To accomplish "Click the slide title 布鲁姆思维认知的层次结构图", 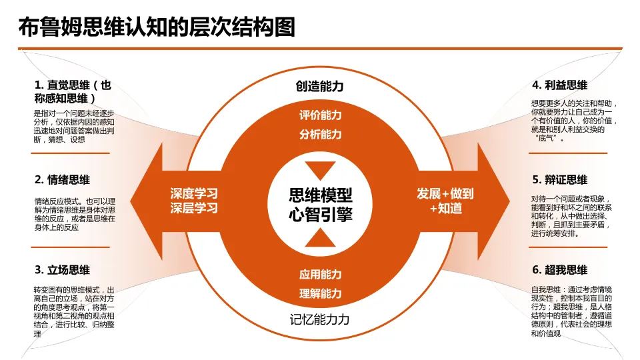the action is pyautogui.click(x=157, y=27).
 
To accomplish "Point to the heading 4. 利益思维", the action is pyautogui.click(x=559, y=85).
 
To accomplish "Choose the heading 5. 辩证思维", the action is pyautogui.click(x=559, y=179).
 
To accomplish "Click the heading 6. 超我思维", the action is pyautogui.click(x=559, y=270).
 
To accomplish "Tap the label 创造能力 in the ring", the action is pyautogui.click(x=320, y=87).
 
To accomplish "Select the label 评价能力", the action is pyautogui.click(x=320, y=115).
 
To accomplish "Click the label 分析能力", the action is pyautogui.click(x=320, y=135).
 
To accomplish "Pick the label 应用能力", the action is pyautogui.click(x=320, y=274).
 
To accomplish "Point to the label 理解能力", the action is pyautogui.click(x=320, y=293).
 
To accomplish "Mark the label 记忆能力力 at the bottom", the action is pyautogui.click(x=320, y=319).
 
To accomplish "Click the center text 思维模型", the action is pyautogui.click(x=320, y=195).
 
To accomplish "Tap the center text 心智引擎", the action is pyautogui.click(x=320, y=215).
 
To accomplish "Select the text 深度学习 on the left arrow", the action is pyautogui.click(x=193, y=194).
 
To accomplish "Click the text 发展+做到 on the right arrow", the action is pyautogui.click(x=445, y=194).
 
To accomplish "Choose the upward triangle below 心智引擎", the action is pyautogui.click(x=320, y=239).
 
